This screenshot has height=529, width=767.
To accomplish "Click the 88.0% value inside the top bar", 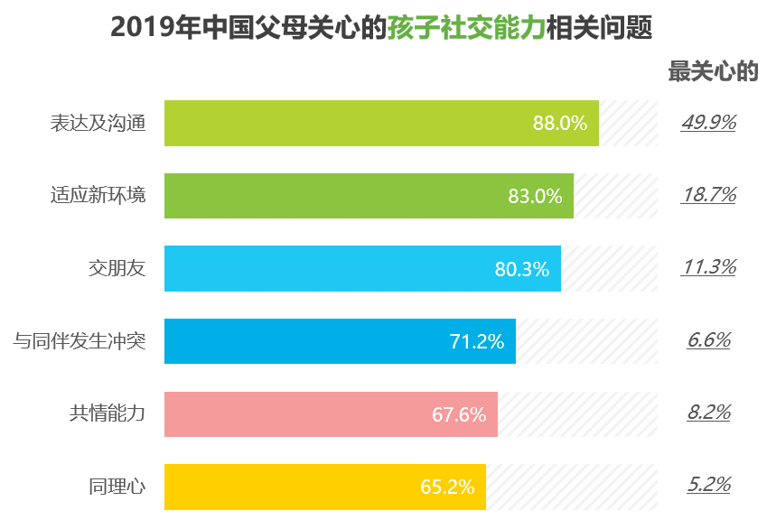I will [x=560, y=124].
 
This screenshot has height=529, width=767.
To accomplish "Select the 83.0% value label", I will [x=535, y=196].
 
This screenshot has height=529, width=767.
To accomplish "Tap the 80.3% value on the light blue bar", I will [x=522, y=269].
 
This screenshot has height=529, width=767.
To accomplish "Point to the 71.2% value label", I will [x=477, y=341].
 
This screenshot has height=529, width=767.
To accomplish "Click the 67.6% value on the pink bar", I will [x=459, y=414].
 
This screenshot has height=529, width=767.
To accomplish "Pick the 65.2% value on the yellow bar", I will [x=447, y=487].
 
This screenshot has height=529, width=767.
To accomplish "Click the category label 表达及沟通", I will [x=98, y=124].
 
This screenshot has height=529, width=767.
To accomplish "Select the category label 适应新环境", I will [x=98, y=196].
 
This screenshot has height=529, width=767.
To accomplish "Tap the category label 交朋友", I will [x=117, y=268].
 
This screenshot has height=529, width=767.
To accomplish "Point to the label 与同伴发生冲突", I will [x=79, y=341].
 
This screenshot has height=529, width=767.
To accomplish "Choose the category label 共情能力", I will [x=107, y=414].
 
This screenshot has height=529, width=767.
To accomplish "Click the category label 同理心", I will [x=117, y=487].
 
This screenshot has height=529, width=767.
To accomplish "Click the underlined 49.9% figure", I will [x=708, y=122].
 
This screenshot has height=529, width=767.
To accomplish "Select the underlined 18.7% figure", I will [x=708, y=194].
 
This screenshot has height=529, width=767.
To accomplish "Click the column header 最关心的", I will [x=713, y=72].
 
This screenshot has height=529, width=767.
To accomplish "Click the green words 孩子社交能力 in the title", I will [x=467, y=28].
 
